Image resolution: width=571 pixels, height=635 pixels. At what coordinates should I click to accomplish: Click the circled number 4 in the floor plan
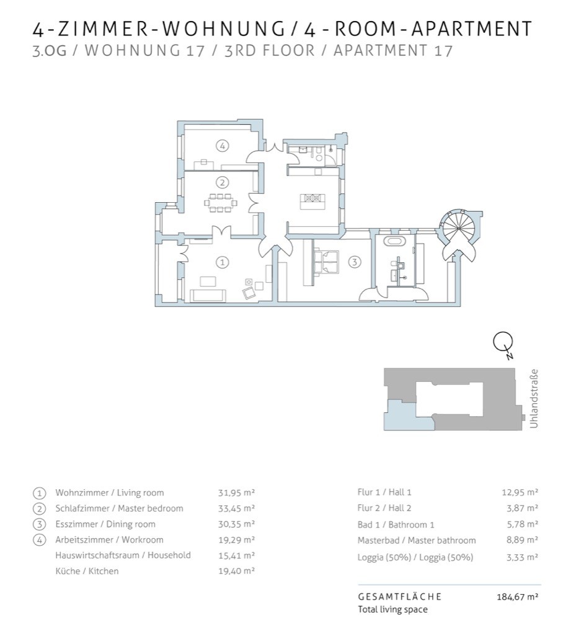[x=222, y=145]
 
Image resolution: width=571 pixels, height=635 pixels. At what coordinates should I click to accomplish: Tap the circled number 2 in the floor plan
[x=222, y=183]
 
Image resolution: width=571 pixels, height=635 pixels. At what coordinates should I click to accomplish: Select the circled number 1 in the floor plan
[x=222, y=262]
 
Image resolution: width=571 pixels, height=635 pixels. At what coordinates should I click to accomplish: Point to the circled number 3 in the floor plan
[x=355, y=262]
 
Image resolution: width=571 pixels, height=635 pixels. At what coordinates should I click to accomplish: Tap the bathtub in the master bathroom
[x=394, y=241]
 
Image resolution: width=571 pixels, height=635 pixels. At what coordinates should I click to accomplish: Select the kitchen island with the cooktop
[x=312, y=201]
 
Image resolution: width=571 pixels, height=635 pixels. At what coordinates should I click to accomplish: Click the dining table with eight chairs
[x=221, y=203]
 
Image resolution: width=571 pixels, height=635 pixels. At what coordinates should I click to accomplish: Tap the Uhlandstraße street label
[x=534, y=399]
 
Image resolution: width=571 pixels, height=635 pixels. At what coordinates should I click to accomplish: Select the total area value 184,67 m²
[x=517, y=597]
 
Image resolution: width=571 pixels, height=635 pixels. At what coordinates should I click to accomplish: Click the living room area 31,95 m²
[x=236, y=493]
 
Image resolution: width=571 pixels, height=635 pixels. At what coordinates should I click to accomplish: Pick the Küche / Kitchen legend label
[x=87, y=571]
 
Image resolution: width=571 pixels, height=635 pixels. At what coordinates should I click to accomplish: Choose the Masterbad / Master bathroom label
[x=417, y=540]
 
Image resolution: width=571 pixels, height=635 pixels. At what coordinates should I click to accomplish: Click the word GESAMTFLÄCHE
[x=400, y=597]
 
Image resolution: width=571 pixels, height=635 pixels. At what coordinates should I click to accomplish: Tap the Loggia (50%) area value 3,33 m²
[x=523, y=557]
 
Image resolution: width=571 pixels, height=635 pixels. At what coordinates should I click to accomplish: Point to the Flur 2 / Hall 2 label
[x=384, y=508]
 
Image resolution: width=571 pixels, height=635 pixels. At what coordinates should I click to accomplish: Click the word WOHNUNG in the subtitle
[x=133, y=50]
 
